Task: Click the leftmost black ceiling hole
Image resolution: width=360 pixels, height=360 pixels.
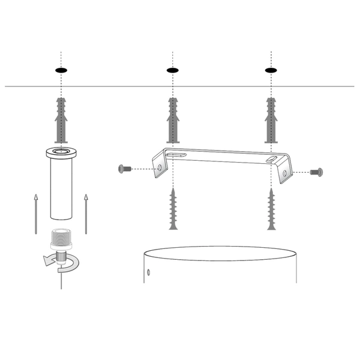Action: click(x=61, y=71)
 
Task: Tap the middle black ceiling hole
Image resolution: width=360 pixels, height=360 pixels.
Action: click(x=173, y=71)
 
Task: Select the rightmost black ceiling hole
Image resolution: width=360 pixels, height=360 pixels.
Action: click(x=271, y=71)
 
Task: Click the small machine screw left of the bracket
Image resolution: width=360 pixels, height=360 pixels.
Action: click(x=125, y=169)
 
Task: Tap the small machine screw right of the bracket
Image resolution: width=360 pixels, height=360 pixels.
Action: click(x=317, y=172)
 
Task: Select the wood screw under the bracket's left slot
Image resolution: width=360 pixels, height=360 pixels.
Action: click(x=173, y=208)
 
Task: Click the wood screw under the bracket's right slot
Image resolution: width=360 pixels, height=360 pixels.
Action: click(x=271, y=208)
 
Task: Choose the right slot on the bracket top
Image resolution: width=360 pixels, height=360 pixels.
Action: click(x=273, y=160)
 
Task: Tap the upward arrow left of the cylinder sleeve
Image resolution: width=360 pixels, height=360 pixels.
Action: click(x=35, y=213)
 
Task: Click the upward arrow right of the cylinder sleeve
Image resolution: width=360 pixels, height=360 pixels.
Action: click(x=86, y=213)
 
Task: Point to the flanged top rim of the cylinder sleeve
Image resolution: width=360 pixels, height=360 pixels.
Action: click(x=61, y=152)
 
